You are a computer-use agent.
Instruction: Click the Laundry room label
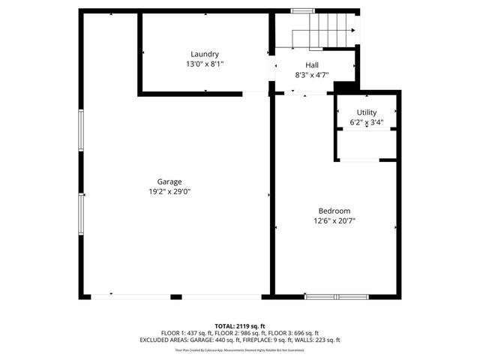[x=204, y=54]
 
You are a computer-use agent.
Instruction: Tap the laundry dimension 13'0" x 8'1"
[x=204, y=64]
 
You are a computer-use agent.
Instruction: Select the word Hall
[x=311, y=65]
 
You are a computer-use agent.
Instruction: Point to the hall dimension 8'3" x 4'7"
[x=311, y=75]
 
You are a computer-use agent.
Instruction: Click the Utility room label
[x=366, y=112]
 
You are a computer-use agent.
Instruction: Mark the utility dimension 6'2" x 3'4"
[x=366, y=122]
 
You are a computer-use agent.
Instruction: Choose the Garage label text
[x=169, y=181]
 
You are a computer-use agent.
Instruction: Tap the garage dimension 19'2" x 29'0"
[x=169, y=192]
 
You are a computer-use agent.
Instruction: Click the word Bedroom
[x=334, y=211]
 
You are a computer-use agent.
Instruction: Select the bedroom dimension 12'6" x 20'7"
[x=334, y=221]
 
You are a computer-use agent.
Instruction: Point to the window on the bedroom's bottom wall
[x=336, y=296]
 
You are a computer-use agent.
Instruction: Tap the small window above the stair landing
[x=302, y=10]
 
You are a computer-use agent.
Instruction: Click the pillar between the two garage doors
[x=175, y=296]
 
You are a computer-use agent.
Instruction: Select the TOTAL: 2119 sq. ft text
[x=240, y=326]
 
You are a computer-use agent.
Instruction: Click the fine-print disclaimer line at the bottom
[x=240, y=349]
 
